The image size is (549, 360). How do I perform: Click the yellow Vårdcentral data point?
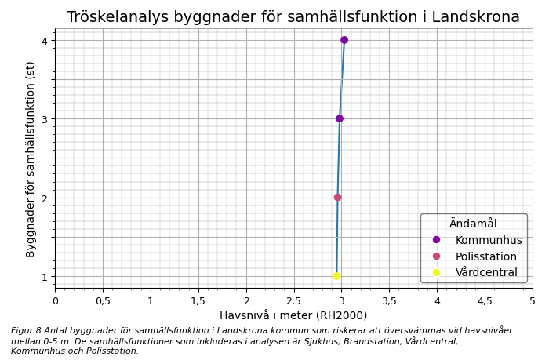[336, 276]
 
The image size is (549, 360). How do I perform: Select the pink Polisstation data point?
[337, 198]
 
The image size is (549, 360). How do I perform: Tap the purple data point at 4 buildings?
[344, 40]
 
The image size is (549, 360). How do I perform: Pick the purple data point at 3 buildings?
[340, 119]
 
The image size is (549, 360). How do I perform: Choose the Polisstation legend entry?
[485, 256]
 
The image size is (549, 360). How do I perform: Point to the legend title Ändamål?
[473, 224]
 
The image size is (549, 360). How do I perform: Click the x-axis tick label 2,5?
[294, 301]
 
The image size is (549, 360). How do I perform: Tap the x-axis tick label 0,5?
[103, 301]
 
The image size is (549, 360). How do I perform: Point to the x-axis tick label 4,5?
[485, 301]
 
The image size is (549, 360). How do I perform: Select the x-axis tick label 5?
[533, 301]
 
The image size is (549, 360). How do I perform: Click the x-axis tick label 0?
[55, 301]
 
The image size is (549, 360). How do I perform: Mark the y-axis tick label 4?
[45, 41]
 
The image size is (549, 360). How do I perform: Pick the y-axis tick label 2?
[45, 198]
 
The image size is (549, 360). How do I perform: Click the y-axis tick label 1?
[45, 277]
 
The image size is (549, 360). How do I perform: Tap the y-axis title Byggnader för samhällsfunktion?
[31, 159]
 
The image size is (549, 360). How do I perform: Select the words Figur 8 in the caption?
[25, 331]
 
